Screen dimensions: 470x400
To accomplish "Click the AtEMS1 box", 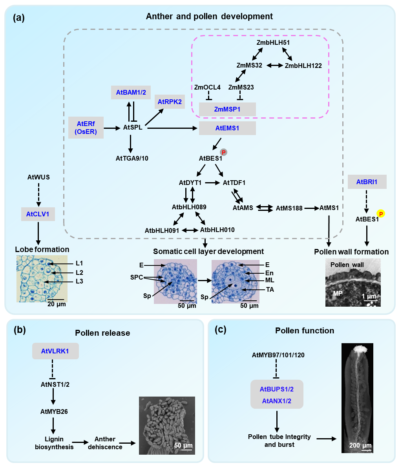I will point(227,128).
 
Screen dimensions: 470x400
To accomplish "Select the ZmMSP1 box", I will point(227,109).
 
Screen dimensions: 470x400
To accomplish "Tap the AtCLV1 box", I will point(38,214).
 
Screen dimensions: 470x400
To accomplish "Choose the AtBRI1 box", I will point(367,182).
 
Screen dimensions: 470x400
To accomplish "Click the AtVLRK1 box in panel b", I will point(55,351).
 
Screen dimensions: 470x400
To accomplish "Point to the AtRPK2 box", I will point(170,102).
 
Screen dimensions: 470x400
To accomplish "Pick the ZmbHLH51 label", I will point(273,42).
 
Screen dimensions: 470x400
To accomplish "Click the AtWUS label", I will point(38,177).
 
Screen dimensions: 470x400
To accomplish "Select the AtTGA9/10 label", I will point(131,158).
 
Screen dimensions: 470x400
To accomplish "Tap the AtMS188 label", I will point(289,208).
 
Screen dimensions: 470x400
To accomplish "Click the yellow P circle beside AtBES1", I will point(380,214).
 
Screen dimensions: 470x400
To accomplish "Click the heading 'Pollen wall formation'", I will point(351,252).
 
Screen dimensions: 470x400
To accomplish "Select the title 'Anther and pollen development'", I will point(209,16).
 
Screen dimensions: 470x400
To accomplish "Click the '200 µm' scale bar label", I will point(360,446).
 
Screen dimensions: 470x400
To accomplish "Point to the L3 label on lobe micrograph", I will point(79,281).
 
